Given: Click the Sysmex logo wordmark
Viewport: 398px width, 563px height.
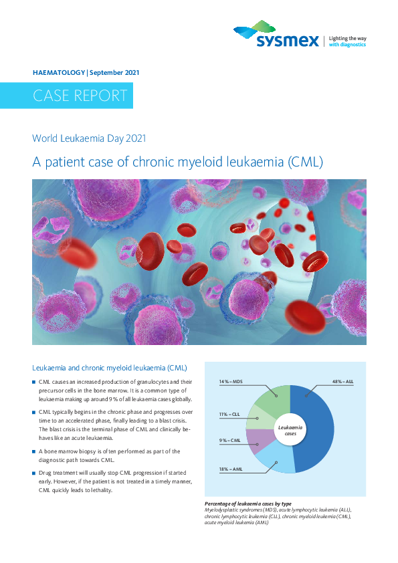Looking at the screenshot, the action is coord(288,41).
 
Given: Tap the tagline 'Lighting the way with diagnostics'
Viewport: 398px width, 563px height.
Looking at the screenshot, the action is coord(347,41).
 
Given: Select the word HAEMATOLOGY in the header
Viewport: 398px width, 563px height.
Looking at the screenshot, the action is coord(59,72).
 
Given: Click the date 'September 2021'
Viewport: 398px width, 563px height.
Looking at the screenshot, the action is coord(114,72).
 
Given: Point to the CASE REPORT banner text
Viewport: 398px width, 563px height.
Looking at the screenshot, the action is coord(80,96).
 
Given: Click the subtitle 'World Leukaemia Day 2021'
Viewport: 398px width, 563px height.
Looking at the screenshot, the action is coord(89,138).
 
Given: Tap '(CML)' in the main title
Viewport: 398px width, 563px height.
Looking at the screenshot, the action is coord(305,162).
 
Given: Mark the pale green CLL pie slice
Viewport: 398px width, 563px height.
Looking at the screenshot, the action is coord(259,417).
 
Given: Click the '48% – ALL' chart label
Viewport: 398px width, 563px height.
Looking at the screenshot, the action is coord(342,382).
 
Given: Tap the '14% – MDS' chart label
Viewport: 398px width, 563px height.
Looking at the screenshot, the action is coord(231,382).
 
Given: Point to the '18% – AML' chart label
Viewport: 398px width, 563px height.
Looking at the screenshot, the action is coord(231,469).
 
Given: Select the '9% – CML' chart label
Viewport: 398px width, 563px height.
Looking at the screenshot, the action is coord(230,441).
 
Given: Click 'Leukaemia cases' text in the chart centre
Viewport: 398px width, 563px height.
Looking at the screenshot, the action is coord(290,431).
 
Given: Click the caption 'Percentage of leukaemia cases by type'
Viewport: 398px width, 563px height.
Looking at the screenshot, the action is coord(248,503).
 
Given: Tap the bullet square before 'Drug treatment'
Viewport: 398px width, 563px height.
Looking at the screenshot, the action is coord(33,473).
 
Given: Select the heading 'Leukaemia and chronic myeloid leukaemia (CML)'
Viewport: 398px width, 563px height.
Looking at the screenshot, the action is coord(110,368).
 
